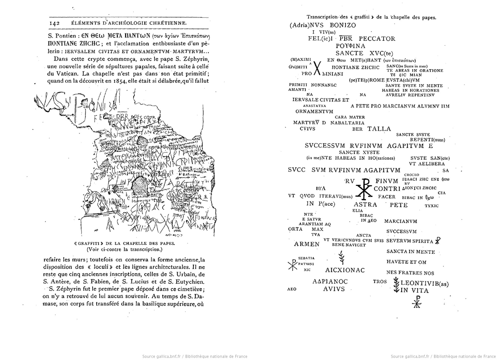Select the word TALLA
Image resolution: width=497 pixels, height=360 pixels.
point(379,129)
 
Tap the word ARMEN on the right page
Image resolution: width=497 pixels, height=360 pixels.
point(306,244)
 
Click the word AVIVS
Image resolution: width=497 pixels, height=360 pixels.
point(334,289)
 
